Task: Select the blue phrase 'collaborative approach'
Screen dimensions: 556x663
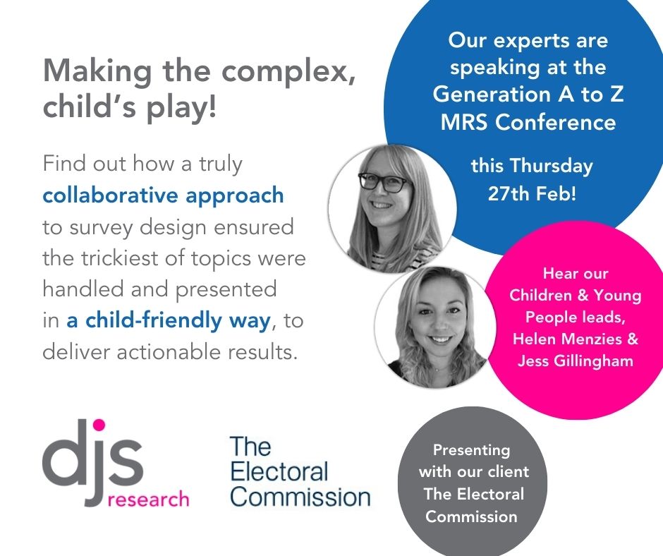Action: [163, 195]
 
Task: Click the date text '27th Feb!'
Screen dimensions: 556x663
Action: [532, 193]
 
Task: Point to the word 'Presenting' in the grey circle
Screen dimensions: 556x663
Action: [471, 450]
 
